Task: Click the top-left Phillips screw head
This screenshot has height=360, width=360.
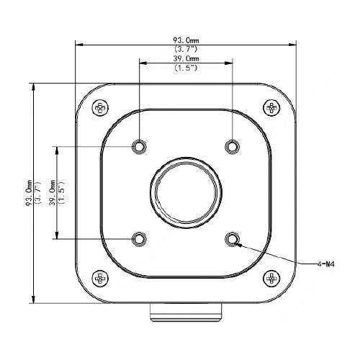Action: click(x=100, y=108)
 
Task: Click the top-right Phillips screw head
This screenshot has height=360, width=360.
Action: click(x=271, y=108)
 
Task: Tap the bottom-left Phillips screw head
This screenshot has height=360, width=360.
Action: click(x=100, y=279)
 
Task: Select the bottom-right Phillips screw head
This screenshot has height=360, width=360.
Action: click(x=271, y=279)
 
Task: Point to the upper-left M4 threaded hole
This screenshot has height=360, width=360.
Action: click(x=139, y=146)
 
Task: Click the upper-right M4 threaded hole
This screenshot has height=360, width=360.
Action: click(x=232, y=146)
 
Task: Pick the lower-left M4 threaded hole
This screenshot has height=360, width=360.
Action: click(x=139, y=239)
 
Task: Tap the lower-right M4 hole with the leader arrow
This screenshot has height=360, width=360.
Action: click(x=232, y=239)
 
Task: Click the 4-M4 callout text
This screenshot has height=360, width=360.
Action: click(x=325, y=264)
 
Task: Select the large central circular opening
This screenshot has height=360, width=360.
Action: click(x=186, y=193)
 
